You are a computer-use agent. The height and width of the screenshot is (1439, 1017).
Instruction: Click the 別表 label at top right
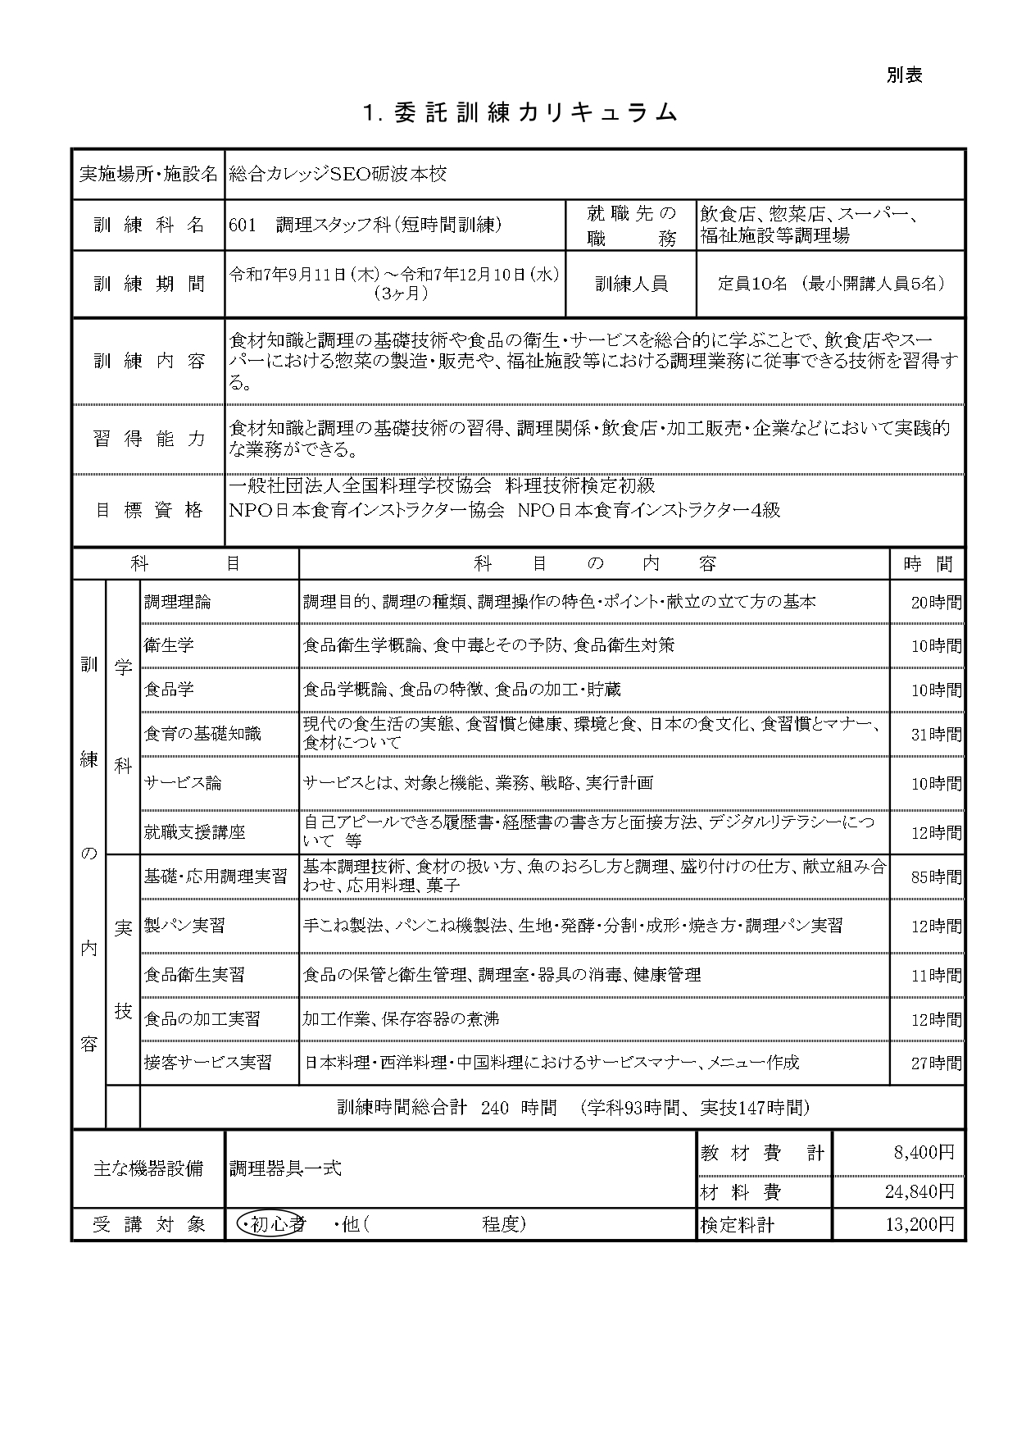(904, 75)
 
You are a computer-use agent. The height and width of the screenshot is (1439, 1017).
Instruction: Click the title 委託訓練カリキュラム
(520, 113)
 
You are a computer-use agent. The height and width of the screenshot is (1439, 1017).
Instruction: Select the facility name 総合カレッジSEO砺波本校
(338, 174)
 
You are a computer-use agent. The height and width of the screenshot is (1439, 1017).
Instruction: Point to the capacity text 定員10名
(751, 284)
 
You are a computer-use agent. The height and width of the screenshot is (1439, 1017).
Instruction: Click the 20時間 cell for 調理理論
(936, 603)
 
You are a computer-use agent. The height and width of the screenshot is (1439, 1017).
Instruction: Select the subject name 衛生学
(169, 645)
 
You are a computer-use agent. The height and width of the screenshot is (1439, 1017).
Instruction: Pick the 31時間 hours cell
(936, 735)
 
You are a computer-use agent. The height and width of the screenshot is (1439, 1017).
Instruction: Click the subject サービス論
(182, 783)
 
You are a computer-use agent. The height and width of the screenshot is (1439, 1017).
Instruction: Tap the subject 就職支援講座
(194, 832)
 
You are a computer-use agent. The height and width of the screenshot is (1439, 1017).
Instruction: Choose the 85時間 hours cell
(936, 877)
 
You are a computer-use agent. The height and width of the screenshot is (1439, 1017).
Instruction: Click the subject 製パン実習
(184, 926)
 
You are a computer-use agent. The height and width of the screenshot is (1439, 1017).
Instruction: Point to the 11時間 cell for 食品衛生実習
(936, 976)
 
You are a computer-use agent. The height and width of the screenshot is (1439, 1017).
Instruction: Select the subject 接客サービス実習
(207, 1063)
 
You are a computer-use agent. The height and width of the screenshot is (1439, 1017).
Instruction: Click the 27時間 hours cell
(936, 1063)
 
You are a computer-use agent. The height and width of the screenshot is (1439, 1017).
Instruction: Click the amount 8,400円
(924, 1153)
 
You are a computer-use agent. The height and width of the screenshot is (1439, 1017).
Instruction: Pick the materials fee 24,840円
(919, 1191)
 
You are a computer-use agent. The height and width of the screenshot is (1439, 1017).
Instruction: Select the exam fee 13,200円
(919, 1225)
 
